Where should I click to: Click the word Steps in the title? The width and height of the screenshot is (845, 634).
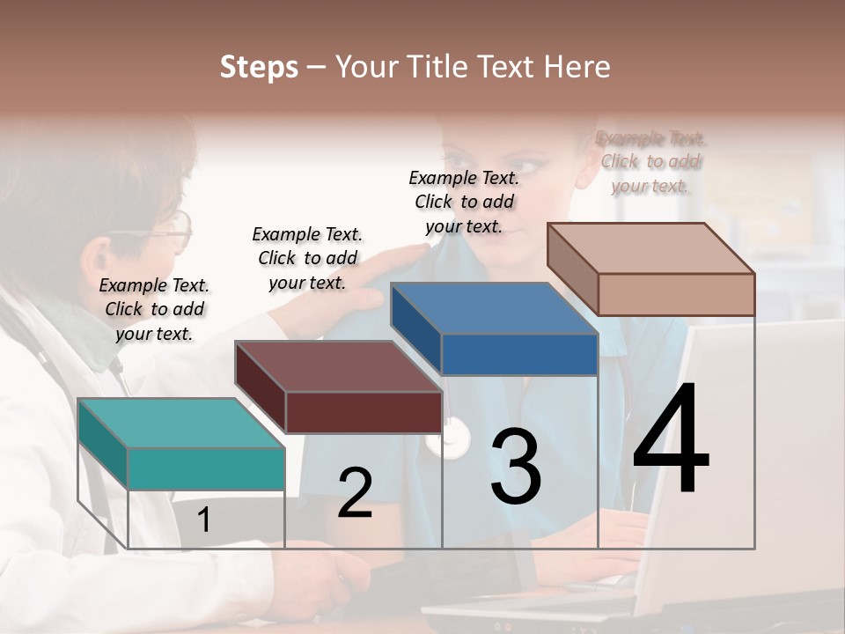pyautogui.click(x=259, y=67)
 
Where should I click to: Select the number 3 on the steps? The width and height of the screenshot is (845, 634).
pyautogui.click(x=516, y=466)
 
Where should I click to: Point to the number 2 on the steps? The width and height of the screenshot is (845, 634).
pyautogui.click(x=356, y=493)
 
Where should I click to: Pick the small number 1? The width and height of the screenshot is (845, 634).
pyautogui.click(x=203, y=520)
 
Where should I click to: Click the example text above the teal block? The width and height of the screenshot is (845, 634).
pyautogui.click(x=154, y=309)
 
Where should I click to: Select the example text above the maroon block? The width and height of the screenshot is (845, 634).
pyautogui.click(x=307, y=258)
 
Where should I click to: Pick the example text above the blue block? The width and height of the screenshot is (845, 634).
pyautogui.click(x=464, y=202)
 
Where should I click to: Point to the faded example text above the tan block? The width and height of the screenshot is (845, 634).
pyautogui.click(x=650, y=162)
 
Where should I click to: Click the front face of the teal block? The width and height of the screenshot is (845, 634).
pyautogui.click(x=206, y=468)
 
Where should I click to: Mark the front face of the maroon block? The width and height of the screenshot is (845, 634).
pyautogui.click(x=363, y=412)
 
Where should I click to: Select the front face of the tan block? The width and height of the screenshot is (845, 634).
pyautogui.click(x=676, y=294)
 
